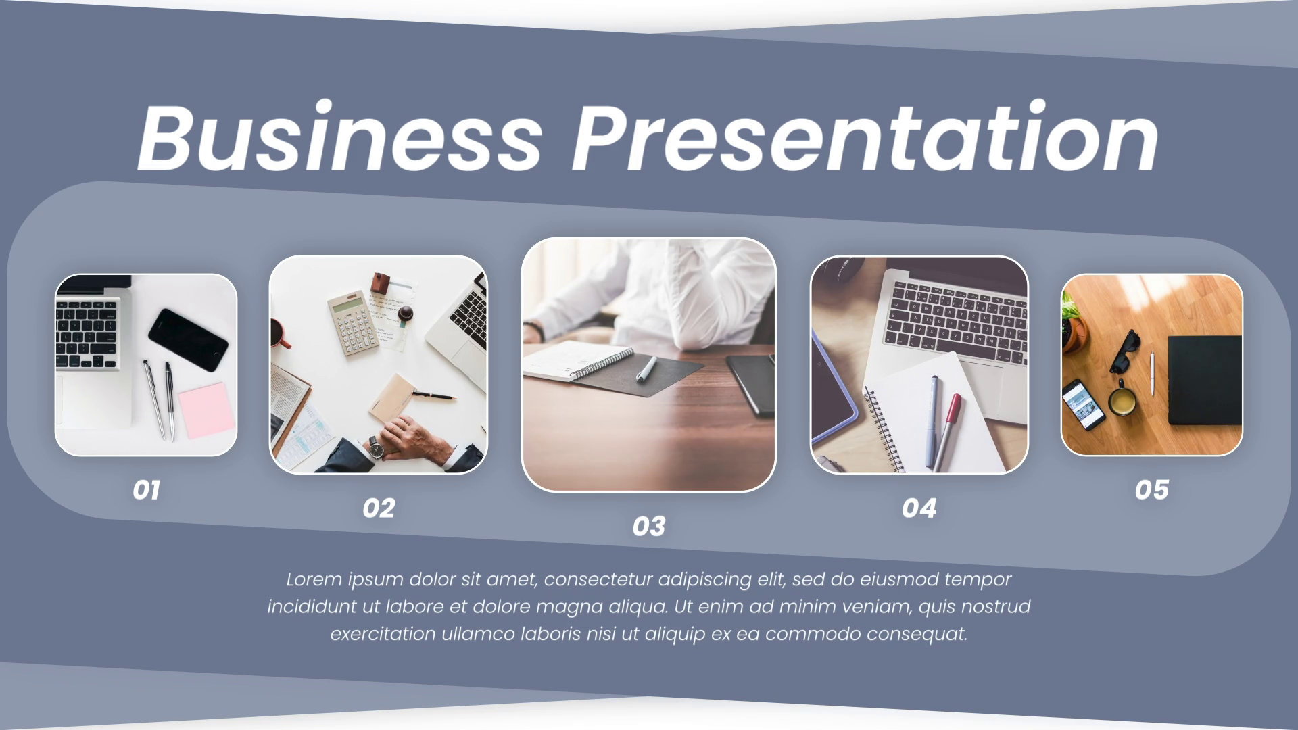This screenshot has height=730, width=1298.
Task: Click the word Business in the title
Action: coord(339,138)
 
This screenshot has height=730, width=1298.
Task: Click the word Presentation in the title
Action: coord(865,138)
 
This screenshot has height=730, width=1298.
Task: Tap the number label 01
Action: coord(146,490)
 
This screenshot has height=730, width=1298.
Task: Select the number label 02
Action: coord(379,508)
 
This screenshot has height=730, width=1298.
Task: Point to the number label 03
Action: coord(649,527)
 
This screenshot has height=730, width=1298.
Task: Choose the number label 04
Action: coord(919,508)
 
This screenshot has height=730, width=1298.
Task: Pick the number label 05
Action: coord(1152,490)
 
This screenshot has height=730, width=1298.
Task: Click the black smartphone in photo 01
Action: coord(188,340)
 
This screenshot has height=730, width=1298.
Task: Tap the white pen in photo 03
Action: coord(646,369)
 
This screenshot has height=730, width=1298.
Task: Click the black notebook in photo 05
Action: coord(1205,380)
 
